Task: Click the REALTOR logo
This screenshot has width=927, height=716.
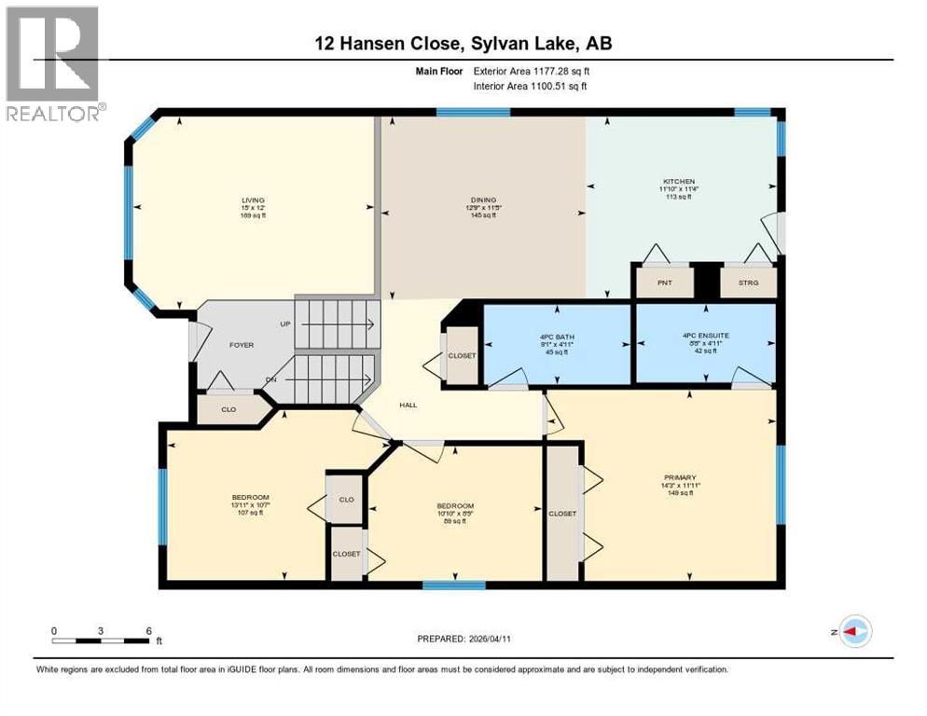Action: click(x=52, y=63)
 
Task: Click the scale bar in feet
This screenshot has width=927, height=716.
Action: click(x=102, y=640)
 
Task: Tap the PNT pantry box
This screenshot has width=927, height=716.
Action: click(x=664, y=282)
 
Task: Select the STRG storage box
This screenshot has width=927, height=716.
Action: click(x=748, y=282)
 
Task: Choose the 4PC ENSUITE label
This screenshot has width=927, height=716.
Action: click(x=704, y=342)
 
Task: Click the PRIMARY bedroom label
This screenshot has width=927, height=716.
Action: click(x=680, y=485)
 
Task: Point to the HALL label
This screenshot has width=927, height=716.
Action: click(x=408, y=405)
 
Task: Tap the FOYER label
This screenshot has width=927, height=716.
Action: click(x=242, y=345)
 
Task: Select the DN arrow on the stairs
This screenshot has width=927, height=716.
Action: click(x=336, y=379)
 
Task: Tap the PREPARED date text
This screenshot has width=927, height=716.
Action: click(x=463, y=639)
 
